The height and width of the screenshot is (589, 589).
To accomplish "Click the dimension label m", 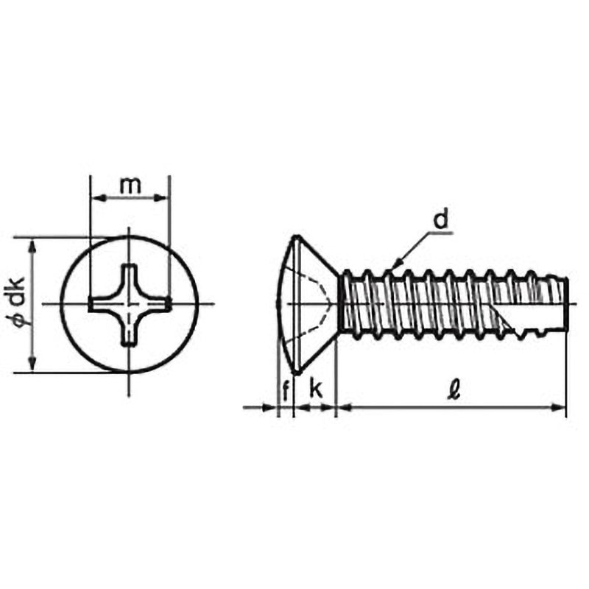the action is click(130, 186).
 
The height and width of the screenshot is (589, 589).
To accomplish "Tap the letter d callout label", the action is click(441, 219).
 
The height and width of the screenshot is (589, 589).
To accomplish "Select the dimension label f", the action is click(286, 391).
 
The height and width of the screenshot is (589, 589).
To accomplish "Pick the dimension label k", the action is click(316, 389).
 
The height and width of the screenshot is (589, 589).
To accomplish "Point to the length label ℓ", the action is click(455, 391).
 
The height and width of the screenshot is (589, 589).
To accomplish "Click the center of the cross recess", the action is click(130, 304).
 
